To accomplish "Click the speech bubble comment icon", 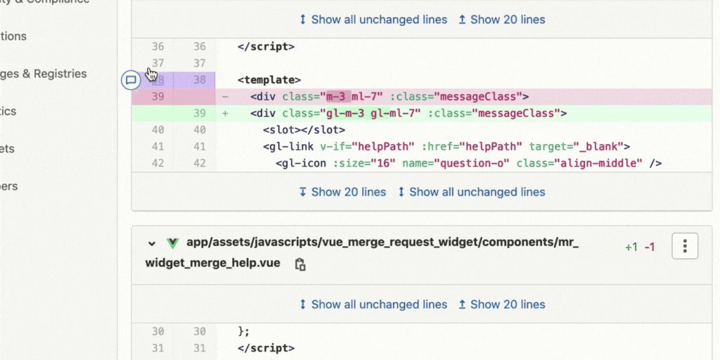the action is coord(130,79).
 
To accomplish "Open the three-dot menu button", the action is coord(685,246).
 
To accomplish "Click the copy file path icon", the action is coord(300,264).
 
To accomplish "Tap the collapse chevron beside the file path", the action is coord(151,243).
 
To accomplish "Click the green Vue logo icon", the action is coord(172,243).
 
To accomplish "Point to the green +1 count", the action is coord(631,247).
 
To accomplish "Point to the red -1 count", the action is coord(650,247).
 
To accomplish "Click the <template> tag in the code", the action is coord(269,79).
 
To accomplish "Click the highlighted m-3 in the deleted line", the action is coord(335,96).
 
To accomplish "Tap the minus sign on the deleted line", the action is coord(225,96).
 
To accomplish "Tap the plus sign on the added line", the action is coord(225,113).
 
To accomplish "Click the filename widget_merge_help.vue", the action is coord(212,263).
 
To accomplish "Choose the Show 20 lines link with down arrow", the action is coord(342,192).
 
